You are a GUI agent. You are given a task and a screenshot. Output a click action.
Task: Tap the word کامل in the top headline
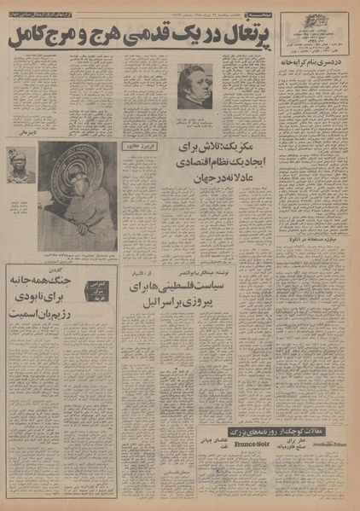click(x=33, y=38)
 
